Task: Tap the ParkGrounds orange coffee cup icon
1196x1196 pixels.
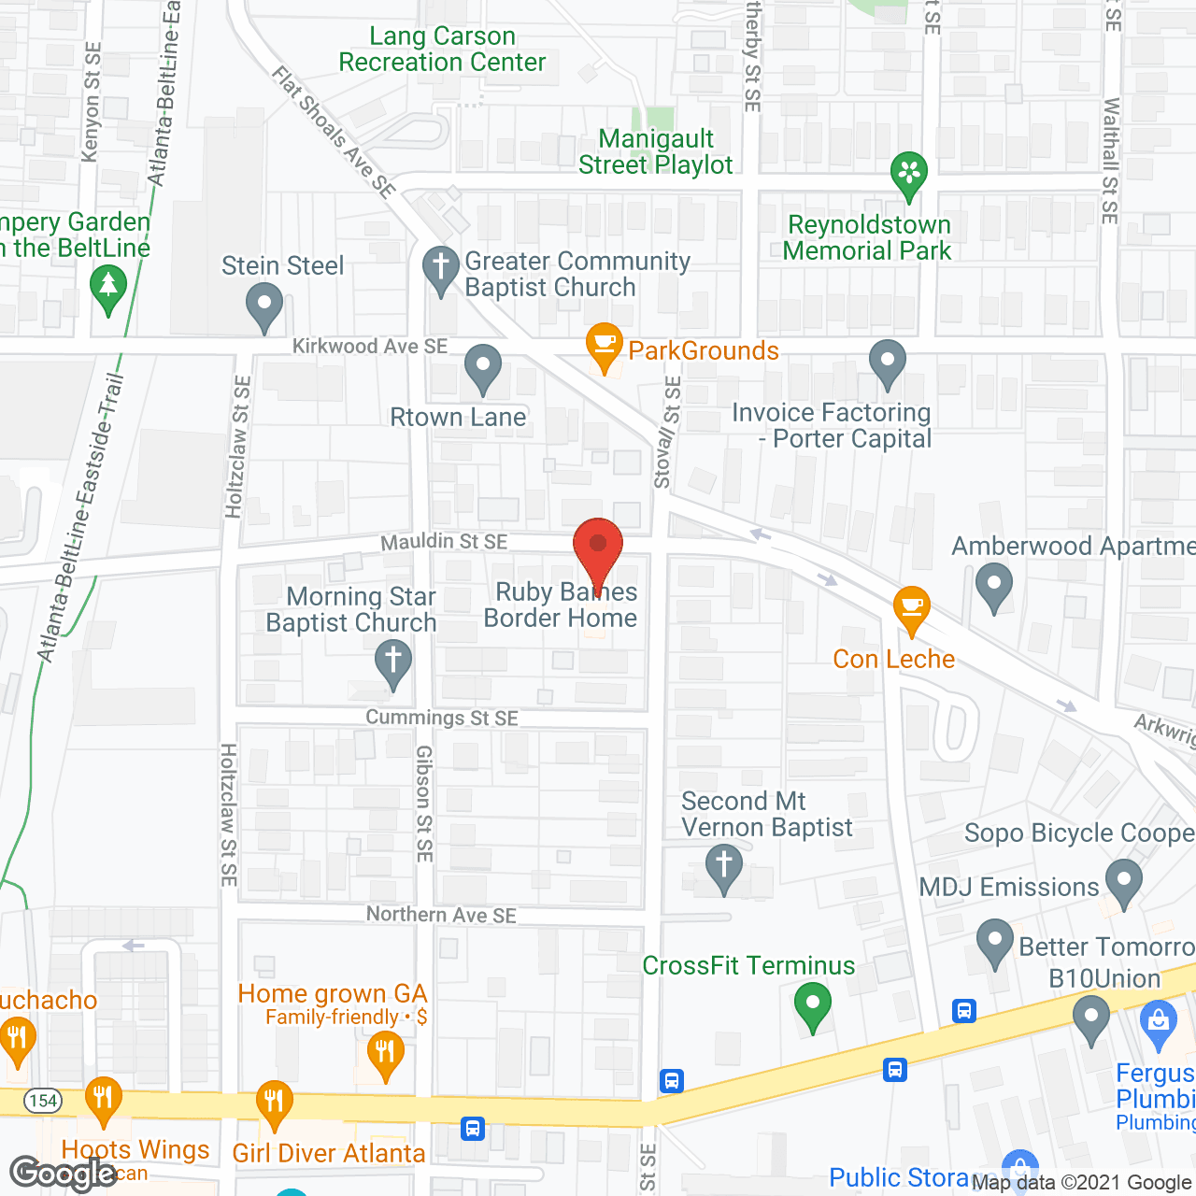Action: (x=605, y=346)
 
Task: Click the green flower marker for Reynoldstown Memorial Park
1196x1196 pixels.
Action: (x=908, y=174)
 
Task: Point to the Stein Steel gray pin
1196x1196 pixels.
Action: (x=264, y=306)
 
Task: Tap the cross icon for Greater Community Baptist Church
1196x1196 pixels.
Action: (x=441, y=269)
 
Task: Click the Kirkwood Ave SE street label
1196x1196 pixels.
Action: (x=370, y=347)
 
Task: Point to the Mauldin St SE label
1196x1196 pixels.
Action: (x=444, y=541)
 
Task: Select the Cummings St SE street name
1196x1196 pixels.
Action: (x=442, y=718)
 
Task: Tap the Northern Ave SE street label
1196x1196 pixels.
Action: (x=441, y=915)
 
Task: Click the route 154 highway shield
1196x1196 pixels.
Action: (x=43, y=1100)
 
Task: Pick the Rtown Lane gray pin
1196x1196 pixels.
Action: (x=483, y=367)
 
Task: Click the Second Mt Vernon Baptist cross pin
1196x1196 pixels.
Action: (x=723, y=866)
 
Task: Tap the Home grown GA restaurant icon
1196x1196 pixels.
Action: (x=384, y=1054)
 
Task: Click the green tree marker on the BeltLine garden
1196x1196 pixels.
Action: (x=108, y=287)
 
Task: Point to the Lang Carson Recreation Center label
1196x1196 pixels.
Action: (x=442, y=49)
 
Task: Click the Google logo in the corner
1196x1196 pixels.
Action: (x=64, y=1173)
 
